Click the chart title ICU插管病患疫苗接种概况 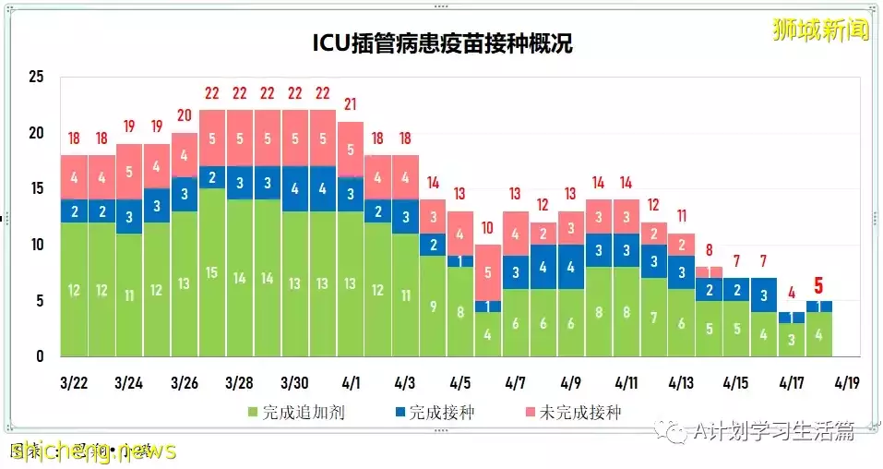441,44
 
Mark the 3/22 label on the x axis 74,382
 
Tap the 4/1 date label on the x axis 351,382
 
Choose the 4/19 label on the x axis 847,382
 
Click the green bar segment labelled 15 212,272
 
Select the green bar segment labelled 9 434,306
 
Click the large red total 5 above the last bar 819,286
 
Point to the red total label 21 351,104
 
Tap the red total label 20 185,115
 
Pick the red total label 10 488,227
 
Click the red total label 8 709,249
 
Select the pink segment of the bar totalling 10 488,272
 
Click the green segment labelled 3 792,339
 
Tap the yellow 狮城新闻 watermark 821,29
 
